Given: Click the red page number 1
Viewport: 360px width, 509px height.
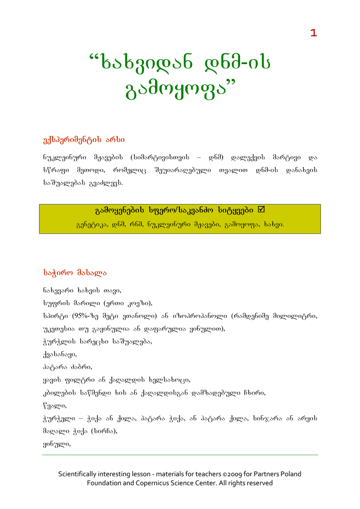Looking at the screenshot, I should (x=313, y=33).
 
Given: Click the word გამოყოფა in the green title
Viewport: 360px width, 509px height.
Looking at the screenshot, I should (x=176, y=91).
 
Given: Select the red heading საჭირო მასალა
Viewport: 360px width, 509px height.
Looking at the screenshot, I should (x=75, y=272).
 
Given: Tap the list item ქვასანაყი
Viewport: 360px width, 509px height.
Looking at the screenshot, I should (x=60, y=354).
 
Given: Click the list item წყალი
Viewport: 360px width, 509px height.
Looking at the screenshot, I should (x=51, y=406).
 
